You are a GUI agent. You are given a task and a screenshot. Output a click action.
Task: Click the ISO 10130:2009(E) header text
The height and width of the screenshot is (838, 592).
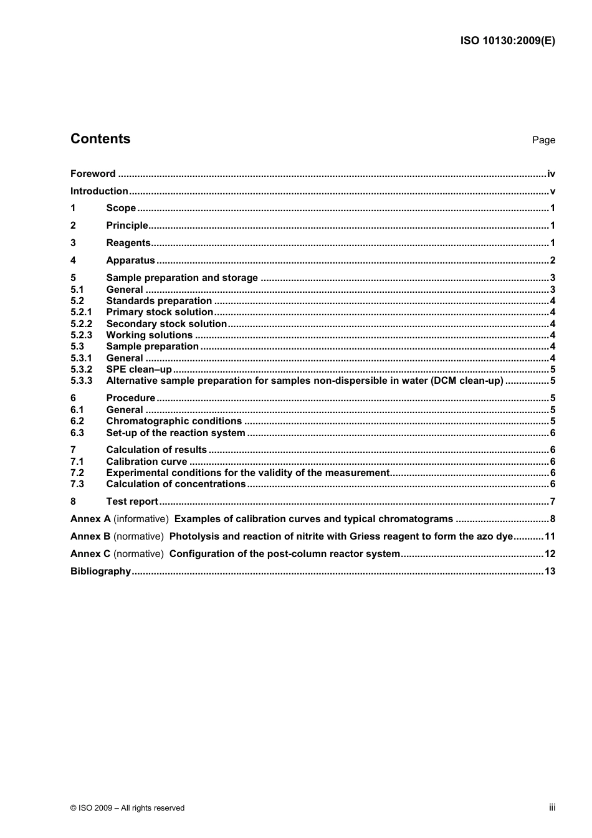tap(507, 41)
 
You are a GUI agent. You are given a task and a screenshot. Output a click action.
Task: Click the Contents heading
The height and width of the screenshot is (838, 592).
tap(100, 139)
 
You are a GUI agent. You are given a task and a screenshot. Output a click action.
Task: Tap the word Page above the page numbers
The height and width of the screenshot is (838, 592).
tap(543, 140)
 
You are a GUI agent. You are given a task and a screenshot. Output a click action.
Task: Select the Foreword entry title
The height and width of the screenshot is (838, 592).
tap(93, 174)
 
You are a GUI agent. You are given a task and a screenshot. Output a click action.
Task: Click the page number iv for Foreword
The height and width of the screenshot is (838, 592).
tap(551, 174)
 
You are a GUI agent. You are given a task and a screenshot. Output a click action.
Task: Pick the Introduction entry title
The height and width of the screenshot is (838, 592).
tap(99, 191)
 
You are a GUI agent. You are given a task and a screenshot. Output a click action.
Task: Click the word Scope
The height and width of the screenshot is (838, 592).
tap(121, 208)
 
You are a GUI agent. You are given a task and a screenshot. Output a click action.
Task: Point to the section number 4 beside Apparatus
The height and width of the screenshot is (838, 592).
tap(73, 260)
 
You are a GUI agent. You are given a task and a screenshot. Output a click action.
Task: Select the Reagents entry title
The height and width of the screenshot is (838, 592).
tap(128, 243)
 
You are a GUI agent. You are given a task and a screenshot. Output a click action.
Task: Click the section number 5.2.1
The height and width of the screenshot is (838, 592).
tap(81, 312)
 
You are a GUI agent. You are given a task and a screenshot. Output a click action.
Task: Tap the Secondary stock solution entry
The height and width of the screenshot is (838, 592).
tap(166, 324)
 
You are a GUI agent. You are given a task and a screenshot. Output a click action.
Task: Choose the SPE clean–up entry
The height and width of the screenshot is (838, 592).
tap(139, 369)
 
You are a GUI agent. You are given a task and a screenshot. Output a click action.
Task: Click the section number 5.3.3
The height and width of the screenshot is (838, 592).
tap(81, 381)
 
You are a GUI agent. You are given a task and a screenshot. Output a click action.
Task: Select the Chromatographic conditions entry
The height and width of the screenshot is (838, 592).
tap(174, 421)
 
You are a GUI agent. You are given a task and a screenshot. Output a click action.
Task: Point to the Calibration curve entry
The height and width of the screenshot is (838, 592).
tap(146, 462)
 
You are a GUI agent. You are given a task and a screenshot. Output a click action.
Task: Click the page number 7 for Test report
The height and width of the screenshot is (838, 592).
tap(552, 502)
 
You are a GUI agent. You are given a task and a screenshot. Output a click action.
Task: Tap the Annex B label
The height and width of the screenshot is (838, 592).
tap(90, 536)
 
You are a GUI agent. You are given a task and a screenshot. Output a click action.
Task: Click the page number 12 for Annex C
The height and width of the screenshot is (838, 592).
tap(550, 554)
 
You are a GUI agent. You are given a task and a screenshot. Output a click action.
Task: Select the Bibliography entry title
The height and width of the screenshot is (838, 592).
tap(100, 571)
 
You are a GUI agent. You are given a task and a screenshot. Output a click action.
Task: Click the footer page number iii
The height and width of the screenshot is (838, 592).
tap(552, 807)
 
